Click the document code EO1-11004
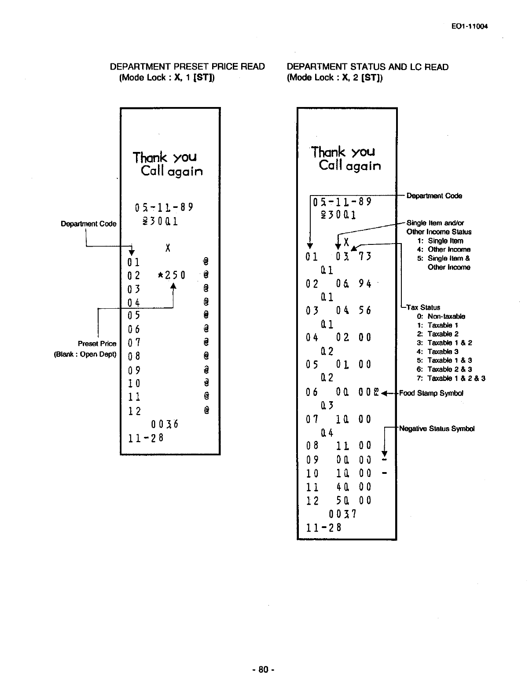pos(470,26)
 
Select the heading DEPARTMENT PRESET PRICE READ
pos(187,67)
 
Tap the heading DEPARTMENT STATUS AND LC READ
pos(367,67)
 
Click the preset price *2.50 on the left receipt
pos(171,276)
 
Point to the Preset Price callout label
pos(97,343)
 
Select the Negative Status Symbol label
pos(437,428)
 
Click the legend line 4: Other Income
pos(444,249)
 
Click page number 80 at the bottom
pos(263,670)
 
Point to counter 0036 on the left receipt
pos(164,425)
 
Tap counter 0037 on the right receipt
pos(342,514)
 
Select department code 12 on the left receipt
pos(134,411)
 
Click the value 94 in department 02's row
pos(365,284)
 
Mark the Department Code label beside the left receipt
pos(88,224)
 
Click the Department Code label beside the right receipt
pos(434,196)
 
